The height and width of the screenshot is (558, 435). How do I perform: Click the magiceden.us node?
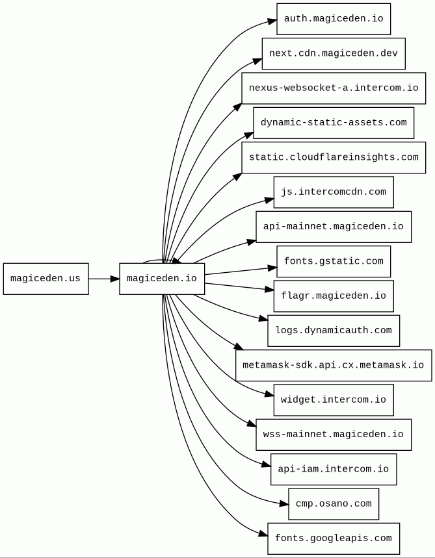coord(46,279)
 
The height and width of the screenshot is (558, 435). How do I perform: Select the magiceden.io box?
coord(162,279)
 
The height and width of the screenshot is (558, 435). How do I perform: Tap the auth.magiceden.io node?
coord(334,19)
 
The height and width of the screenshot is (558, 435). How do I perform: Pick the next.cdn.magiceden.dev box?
coord(334,53)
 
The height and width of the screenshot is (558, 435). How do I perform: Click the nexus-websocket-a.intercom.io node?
coord(334,88)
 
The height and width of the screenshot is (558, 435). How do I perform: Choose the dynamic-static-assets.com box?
coord(334,123)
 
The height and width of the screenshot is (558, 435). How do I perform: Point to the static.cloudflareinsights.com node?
coord(334,157)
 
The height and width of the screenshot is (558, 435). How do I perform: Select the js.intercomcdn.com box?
coord(334,192)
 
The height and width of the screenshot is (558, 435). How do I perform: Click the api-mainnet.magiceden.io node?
coord(334,227)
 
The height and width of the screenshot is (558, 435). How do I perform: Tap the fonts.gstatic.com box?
coord(334,261)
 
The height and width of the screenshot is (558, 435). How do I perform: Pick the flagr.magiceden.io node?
coord(334,296)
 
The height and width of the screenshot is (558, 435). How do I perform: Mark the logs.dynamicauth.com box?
coord(334,331)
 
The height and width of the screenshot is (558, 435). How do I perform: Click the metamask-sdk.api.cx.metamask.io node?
coord(334,365)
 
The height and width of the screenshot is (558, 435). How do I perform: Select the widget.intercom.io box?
coord(334,399)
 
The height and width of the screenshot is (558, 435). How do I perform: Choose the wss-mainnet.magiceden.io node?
coord(334,435)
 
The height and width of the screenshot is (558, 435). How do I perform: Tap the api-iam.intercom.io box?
coord(334,469)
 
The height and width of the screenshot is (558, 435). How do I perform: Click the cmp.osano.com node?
coord(334,503)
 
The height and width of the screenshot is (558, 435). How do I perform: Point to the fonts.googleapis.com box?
coord(334,539)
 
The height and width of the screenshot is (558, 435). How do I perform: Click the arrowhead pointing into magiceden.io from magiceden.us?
coord(114,279)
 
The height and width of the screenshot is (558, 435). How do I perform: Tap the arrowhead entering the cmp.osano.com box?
coord(284,503)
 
